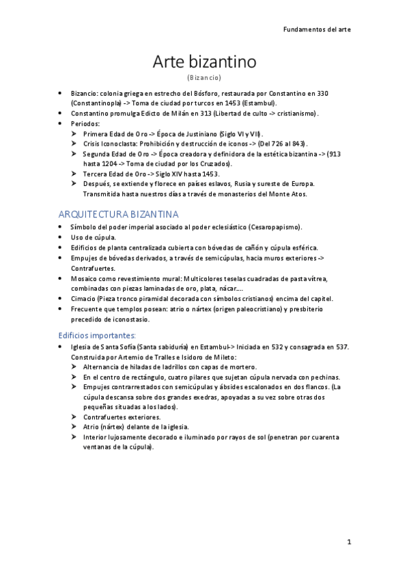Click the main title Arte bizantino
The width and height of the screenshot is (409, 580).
click(204, 62)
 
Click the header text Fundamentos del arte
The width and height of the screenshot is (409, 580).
click(318, 29)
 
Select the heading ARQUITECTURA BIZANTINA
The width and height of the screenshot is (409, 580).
click(119, 214)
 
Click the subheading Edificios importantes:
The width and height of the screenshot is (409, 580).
click(97, 334)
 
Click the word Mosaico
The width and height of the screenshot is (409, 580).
click(85, 278)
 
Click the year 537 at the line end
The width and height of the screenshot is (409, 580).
click(343, 347)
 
